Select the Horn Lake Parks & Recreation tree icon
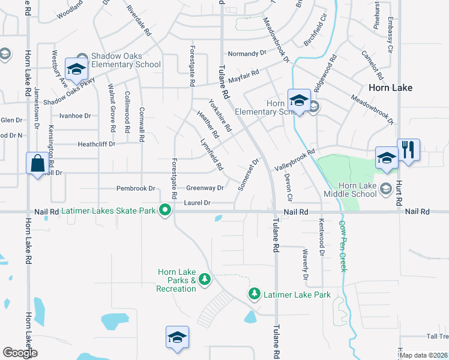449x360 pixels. pos(205,279)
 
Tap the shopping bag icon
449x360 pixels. pos(37,163)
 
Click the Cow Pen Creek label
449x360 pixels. pos(343,245)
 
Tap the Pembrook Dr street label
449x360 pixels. pos(136,188)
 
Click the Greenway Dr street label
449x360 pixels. pos(205,188)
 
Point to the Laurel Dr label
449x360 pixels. pos(197,203)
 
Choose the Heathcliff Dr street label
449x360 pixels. pos(98,144)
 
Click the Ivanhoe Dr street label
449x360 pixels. pos(75,116)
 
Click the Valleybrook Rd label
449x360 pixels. pos(295,160)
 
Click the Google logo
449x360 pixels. pos(20,353)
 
